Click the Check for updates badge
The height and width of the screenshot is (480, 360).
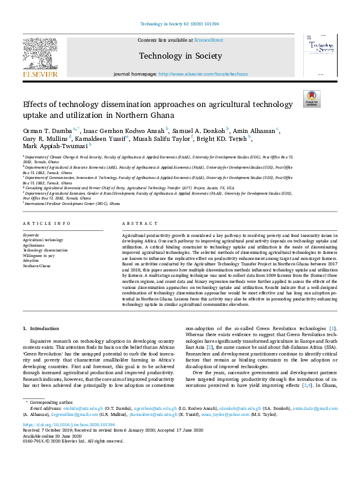pos(311,99)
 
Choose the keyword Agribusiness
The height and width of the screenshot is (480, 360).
pos(34,245)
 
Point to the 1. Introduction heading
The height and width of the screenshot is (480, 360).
pos(41,328)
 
